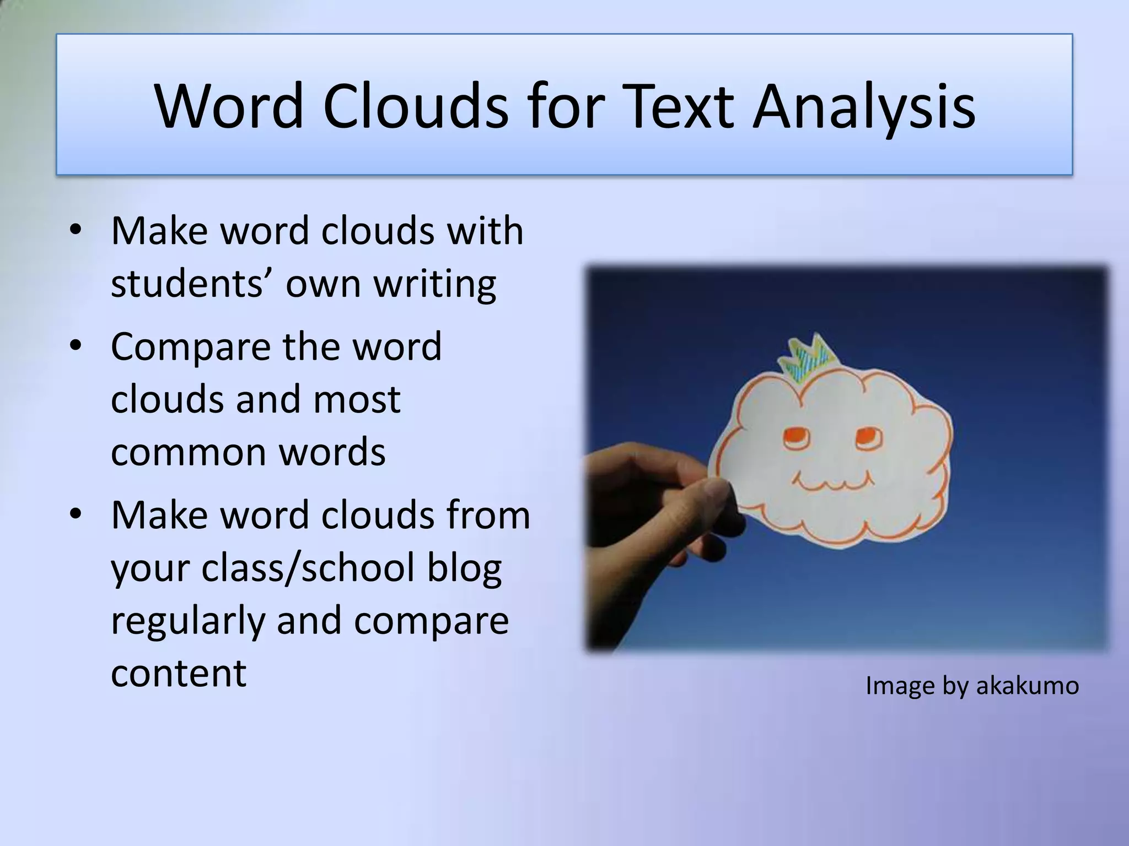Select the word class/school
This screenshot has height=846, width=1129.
(308, 567)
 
